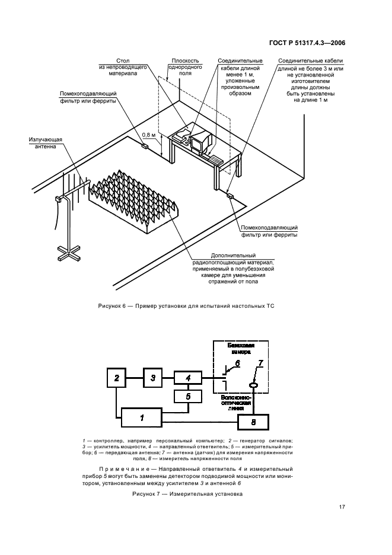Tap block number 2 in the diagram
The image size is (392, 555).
click(117, 378)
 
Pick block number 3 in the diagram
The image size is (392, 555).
click(153, 378)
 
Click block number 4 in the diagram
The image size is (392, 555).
click(188, 378)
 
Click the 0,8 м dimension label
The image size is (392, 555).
click(153, 135)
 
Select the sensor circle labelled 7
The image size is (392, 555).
click(253, 385)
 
